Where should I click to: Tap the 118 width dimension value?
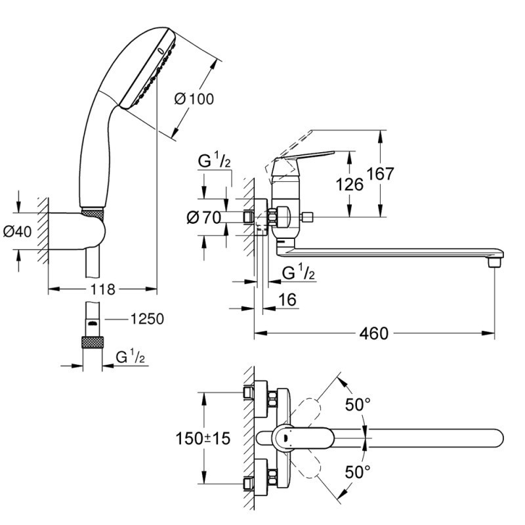(103, 289)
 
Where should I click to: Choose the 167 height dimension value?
(381, 174)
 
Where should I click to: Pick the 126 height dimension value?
(350, 184)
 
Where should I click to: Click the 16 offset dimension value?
(288, 300)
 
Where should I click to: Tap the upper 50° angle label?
(358, 404)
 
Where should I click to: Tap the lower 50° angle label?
(358, 471)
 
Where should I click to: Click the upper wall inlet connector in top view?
(250, 393)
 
